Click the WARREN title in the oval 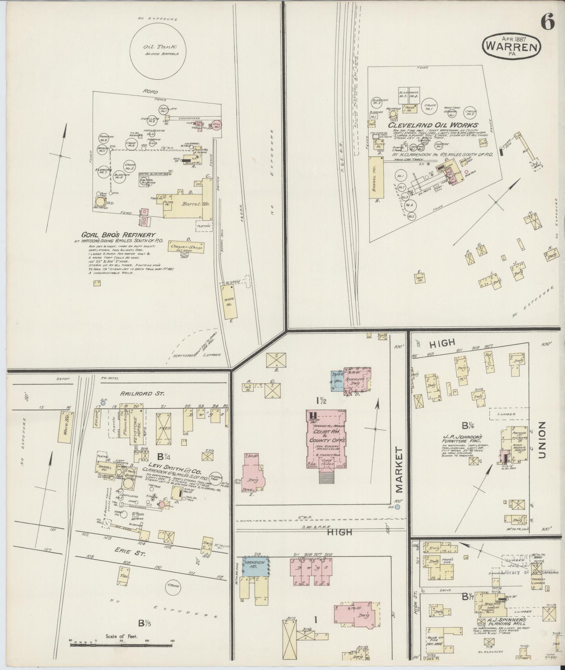point(511,47)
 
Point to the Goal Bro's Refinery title point(119,235)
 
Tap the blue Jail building point(338,379)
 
